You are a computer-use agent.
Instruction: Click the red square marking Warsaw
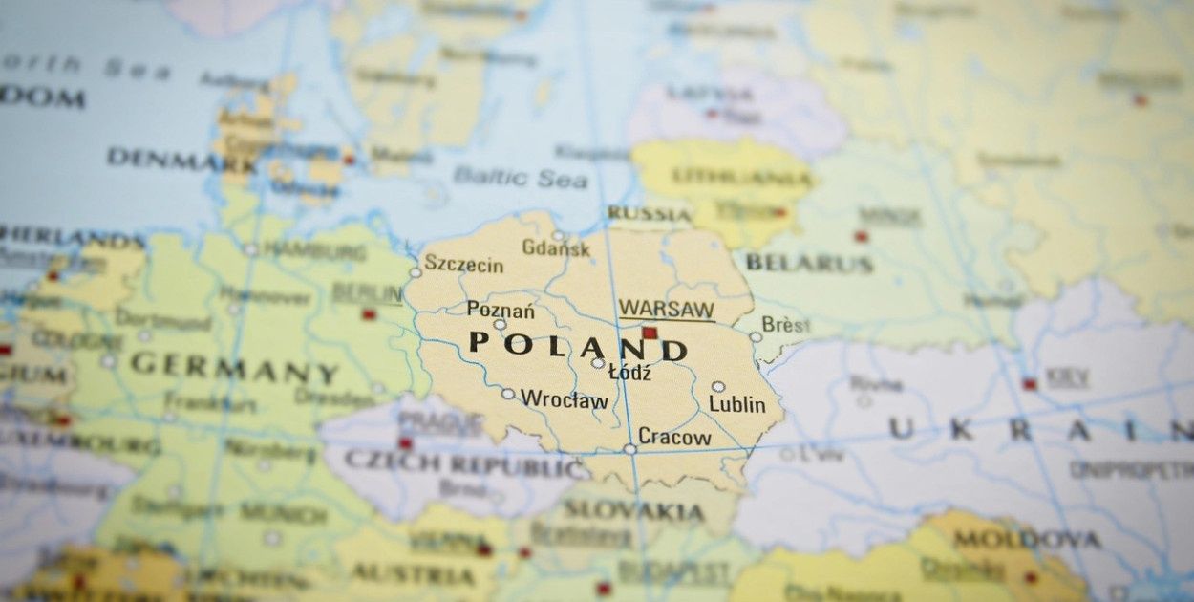pyautogui.click(x=650, y=333)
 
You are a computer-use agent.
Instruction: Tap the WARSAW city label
pyautogui.click(x=666, y=310)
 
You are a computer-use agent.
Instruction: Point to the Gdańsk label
pyautogui.click(x=556, y=248)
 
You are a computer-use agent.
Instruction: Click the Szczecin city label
pyautogui.click(x=463, y=264)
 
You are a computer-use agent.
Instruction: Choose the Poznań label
pyautogui.click(x=501, y=310)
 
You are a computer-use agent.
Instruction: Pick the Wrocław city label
pyautogui.click(x=564, y=399)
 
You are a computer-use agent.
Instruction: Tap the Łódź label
pyautogui.click(x=629, y=374)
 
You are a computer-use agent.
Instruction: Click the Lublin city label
pyautogui.click(x=736, y=405)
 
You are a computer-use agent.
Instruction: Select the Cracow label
pyautogui.click(x=674, y=438)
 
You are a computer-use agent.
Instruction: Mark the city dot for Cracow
pyautogui.click(x=629, y=448)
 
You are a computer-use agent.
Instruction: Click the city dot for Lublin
pyautogui.click(x=717, y=387)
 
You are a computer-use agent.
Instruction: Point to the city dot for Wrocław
pyautogui.click(x=508, y=394)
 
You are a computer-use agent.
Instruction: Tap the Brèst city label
pyautogui.click(x=785, y=325)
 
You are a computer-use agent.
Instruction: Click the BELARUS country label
pyautogui.click(x=808, y=263)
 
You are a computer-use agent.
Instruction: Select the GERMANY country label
pyautogui.click(x=234, y=367)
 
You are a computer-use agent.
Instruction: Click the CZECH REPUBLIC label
pyautogui.click(x=465, y=464)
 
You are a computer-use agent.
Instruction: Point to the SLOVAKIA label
pyautogui.click(x=633, y=512)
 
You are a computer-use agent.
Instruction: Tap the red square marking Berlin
pyautogui.click(x=369, y=313)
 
